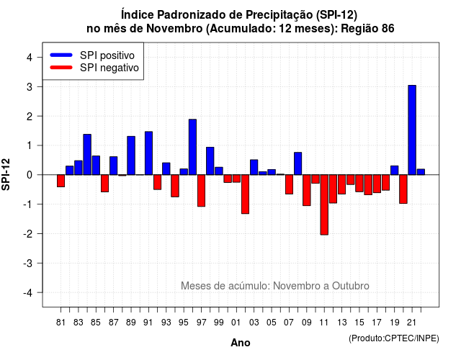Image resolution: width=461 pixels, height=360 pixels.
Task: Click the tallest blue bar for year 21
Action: coord(412,130)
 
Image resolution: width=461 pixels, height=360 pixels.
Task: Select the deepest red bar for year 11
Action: coord(324,204)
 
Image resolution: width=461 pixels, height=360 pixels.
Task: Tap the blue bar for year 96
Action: coord(192,147)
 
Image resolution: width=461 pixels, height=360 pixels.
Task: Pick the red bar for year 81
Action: coord(61,181)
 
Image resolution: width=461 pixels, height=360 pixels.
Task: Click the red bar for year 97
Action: coord(202,191)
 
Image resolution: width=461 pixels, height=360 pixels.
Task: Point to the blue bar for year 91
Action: coord(149,153)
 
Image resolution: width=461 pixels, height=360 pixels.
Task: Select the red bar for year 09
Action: coord(307,190)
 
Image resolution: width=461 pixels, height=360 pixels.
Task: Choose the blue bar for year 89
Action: coord(131,156)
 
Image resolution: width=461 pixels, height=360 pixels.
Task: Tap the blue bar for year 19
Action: coord(395,170)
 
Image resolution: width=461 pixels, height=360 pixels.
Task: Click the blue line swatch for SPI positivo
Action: coord(61,55)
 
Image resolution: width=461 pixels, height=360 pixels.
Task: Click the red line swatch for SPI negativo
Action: coord(61,67)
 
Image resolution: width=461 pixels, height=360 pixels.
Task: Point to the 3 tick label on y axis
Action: coord(30,87)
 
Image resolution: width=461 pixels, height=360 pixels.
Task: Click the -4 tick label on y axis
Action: coord(28,293)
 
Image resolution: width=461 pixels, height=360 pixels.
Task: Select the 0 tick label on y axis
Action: coord(30,175)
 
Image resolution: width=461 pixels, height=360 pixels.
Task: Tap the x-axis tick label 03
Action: coord(254,323)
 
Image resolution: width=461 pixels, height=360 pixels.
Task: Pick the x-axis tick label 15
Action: coord(359,323)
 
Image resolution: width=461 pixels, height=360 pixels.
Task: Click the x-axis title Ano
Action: coord(241,343)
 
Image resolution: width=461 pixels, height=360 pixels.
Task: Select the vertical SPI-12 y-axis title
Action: coord(6,174)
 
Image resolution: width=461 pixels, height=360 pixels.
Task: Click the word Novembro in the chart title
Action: coord(174,29)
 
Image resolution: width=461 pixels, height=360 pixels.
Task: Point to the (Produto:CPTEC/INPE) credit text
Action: coord(394,338)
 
